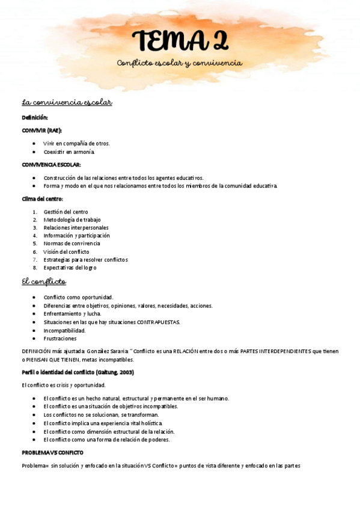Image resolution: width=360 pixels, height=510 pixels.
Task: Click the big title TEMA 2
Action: click(180, 41)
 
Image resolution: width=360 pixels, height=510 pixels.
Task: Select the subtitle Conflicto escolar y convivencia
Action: click(180, 63)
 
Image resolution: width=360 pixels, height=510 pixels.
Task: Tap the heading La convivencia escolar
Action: click(67, 102)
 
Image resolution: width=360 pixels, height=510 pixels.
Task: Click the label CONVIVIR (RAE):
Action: click(41, 130)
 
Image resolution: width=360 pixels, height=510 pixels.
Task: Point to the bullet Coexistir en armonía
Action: click(69, 152)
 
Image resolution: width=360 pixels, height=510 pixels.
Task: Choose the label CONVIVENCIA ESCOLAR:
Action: click(51, 164)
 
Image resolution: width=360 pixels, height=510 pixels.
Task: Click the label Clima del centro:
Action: click(42, 198)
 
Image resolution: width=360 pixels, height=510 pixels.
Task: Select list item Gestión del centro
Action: click(66, 212)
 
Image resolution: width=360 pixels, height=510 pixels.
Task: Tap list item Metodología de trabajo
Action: click(72, 220)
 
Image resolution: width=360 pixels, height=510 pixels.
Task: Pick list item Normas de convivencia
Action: click(72, 244)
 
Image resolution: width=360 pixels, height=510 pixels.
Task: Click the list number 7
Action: click(35, 260)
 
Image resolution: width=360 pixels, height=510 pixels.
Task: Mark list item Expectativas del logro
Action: click(70, 268)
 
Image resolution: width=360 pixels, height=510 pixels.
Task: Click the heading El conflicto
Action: click(43, 281)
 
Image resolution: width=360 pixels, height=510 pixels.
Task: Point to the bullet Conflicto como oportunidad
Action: click(78, 297)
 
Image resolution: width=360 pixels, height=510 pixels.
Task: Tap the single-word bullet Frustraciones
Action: click(59, 339)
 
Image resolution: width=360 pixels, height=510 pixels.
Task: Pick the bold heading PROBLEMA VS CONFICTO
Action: click(52, 452)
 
